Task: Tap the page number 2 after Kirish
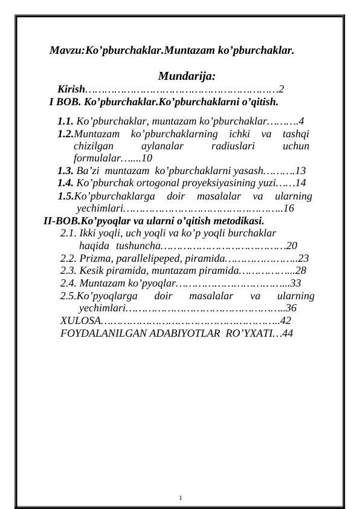[x=281, y=89]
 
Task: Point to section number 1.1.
[x=66, y=121]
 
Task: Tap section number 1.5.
[x=66, y=196]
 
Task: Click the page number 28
[x=301, y=270]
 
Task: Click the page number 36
[x=291, y=308]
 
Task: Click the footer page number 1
[x=181, y=498]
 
